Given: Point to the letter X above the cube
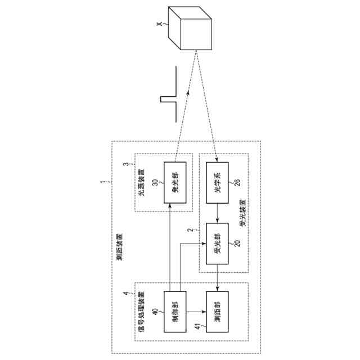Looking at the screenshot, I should pyautogui.click(x=160, y=25).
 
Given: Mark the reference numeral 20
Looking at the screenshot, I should pyautogui.click(x=236, y=244).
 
